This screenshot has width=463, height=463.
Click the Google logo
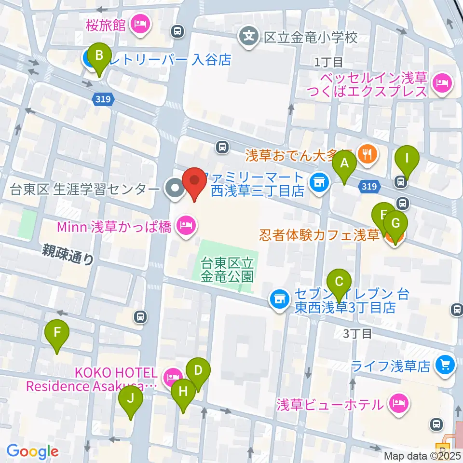[32, 452]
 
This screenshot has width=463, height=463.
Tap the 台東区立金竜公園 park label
[227, 270]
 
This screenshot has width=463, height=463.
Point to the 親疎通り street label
[68, 253]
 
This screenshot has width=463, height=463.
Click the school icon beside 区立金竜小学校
[249, 36]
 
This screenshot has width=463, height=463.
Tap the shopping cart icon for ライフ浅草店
[444, 365]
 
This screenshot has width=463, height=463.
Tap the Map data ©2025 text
[422, 455]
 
